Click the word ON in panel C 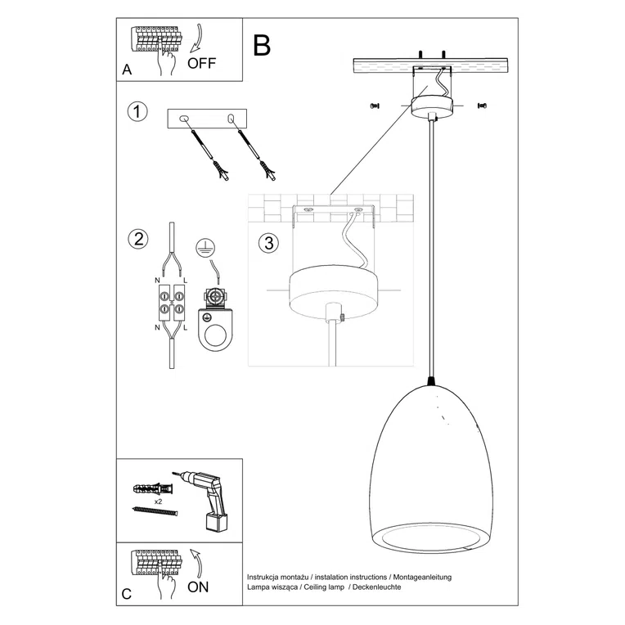click(x=199, y=586)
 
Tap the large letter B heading click(x=262, y=45)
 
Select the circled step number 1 click(x=138, y=112)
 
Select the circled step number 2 click(x=138, y=239)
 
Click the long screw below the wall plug click(x=155, y=510)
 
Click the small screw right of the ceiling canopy click(x=482, y=105)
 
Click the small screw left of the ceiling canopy click(x=375, y=104)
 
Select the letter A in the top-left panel click(x=127, y=70)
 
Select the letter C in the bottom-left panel click(x=127, y=594)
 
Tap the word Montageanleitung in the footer click(x=422, y=577)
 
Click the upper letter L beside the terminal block click(x=187, y=281)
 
